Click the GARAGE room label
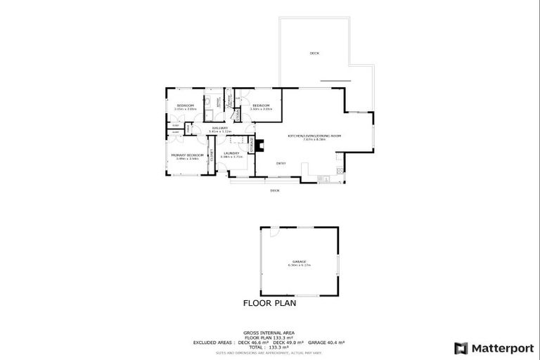[300, 261]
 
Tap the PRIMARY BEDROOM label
[187, 155]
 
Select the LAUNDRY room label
[231, 153]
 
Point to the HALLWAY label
[219, 128]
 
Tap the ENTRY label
[281, 164]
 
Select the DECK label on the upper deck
[314, 53]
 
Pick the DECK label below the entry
[275, 190]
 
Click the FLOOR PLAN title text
[269, 304]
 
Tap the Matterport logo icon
[461, 348]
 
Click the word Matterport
[500, 348]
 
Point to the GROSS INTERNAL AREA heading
[269, 332]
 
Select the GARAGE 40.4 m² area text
[329, 342]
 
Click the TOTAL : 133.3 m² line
[269, 347]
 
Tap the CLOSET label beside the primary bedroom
[211, 162]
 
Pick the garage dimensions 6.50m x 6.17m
[300, 265]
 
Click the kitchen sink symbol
[325, 180]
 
